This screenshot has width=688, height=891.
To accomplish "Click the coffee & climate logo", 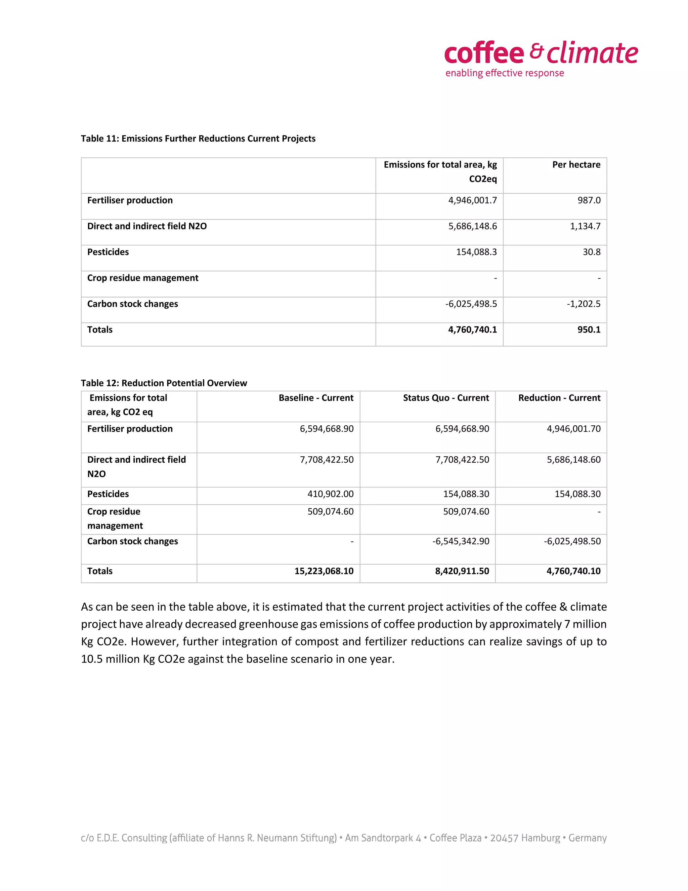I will pyautogui.click(x=541, y=53).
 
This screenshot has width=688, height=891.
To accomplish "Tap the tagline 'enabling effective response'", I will pyautogui.click(x=504, y=73).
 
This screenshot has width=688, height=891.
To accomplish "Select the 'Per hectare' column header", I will pyautogui.click(x=576, y=165).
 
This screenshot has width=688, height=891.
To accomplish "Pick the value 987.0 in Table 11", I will pyautogui.click(x=589, y=200).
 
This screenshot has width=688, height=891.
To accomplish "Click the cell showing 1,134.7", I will pyautogui.click(x=585, y=226).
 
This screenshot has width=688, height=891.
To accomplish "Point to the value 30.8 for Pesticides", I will pyautogui.click(x=591, y=252).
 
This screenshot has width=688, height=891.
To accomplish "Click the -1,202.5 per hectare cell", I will pyautogui.click(x=583, y=304).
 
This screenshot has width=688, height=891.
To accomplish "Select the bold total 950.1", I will pyautogui.click(x=589, y=330).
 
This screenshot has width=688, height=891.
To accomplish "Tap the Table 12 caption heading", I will pyautogui.click(x=164, y=383).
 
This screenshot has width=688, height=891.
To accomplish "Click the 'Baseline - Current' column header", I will pyautogui.click(x=316, y=398).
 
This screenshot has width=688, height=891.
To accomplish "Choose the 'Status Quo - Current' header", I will pyautogui.click(x=445, y=398).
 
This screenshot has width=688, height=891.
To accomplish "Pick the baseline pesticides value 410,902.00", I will pyautogui.click(x=330, y=494).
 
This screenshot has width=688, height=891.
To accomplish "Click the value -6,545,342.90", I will pyautogui.click(x=461, y=541).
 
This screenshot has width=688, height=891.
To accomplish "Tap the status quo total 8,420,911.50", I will pyautogui.click(x=462, y=571).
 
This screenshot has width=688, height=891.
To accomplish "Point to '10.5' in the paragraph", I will pyautogui.click(x=92, y=659).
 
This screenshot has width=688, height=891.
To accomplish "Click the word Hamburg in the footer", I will pyautogui.click(x=541, y=838).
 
